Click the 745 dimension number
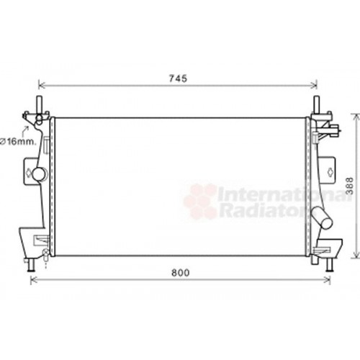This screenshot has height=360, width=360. point(178,78)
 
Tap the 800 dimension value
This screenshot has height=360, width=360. point(182,273)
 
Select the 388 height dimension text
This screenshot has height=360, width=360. point(349,186)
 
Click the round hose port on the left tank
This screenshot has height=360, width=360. point(39,174)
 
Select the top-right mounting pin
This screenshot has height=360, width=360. point(316,101)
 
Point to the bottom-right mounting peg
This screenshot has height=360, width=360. point(329,264)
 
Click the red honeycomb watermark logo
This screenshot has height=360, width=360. point(199,201)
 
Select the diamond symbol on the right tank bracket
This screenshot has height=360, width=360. point(330,171)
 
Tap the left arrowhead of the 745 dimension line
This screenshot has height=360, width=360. point(41,85)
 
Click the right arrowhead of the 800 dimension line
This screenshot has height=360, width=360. point(328,280)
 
